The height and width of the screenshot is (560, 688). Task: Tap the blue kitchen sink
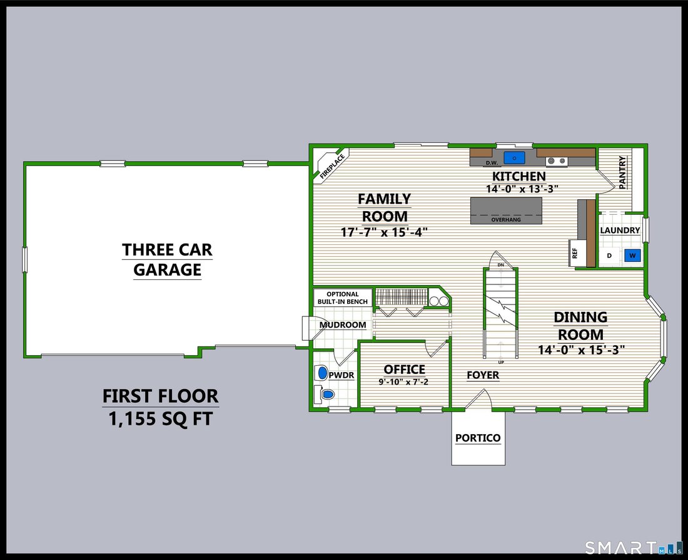(514, 157)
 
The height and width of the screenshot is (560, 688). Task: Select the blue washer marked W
(632, 256)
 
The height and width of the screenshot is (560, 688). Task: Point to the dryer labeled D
(609, 256)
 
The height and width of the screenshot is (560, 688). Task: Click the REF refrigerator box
(575, 253)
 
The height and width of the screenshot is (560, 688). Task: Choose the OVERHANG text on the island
(506, 220)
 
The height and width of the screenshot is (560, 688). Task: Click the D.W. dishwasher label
(492, 163)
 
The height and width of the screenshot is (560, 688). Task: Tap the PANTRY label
(622, 172)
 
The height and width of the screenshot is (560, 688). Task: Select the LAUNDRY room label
(620, 231)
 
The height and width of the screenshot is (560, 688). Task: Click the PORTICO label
(478, 438)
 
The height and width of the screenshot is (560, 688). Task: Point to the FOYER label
(483, 375)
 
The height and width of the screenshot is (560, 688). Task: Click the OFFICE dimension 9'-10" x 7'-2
(403, 382)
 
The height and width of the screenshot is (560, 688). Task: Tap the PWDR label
(341, 375)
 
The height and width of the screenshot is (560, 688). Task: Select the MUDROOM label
(343, 325)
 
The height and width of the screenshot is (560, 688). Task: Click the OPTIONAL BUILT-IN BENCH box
(343, 298)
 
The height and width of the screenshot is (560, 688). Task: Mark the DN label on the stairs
(500, 265)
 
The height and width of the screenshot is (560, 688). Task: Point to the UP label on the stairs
(501, 363)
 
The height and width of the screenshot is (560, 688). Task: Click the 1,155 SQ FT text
(161, 418)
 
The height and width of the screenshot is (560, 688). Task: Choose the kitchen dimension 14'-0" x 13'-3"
(522, 189)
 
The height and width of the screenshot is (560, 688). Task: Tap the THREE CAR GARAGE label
(167, 259)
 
